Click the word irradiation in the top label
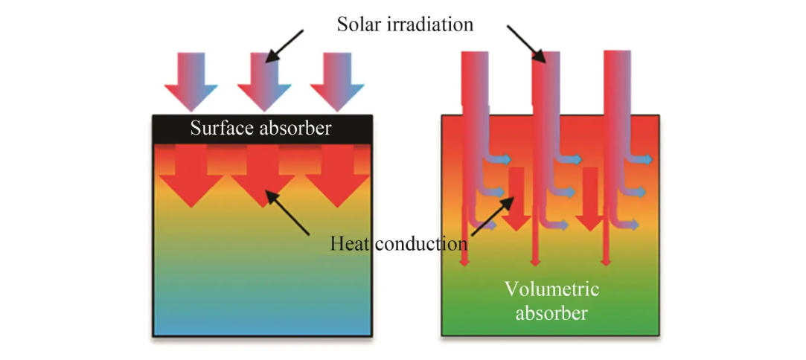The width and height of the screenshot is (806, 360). [429, 24]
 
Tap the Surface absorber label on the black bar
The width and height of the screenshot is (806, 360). [260, 128]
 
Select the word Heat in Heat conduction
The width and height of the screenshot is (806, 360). [349, 243]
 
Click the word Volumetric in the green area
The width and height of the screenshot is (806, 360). [551, 288]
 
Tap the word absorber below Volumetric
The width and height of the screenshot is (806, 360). [551, 313]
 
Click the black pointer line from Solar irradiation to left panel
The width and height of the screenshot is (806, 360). [287, 45]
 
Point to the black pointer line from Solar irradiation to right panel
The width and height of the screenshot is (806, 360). [525, 41]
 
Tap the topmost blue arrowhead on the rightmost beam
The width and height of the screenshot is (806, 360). [645, 160]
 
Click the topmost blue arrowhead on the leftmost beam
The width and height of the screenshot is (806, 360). [504, 159]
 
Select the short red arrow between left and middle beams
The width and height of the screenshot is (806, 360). [516, 201]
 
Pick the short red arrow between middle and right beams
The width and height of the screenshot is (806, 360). [589, 201]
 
